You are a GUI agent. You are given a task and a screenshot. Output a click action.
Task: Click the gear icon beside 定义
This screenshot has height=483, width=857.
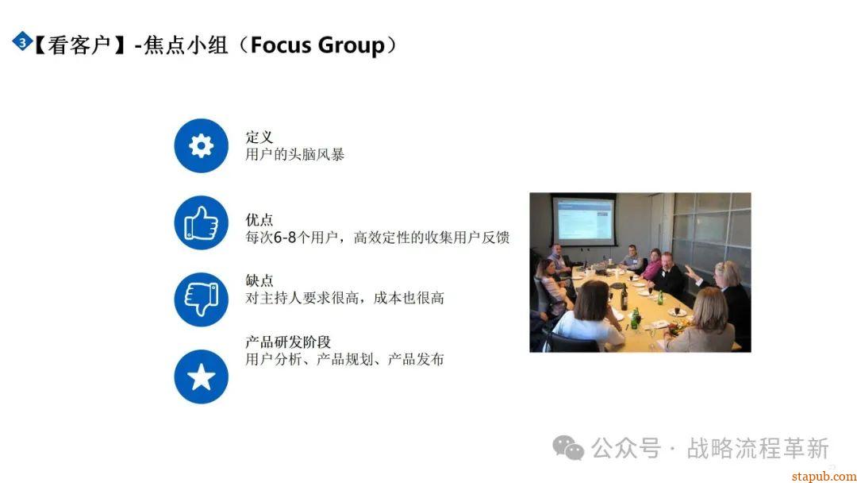[201, 145]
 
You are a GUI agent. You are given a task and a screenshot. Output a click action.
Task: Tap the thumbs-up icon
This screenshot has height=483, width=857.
[201, 222]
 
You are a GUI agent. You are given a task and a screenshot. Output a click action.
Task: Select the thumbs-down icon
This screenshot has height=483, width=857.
[201, 299]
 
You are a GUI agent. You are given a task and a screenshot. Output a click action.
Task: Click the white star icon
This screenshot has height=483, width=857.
[201, 377]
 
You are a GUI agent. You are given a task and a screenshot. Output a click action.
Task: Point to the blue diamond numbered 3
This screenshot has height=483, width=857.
[22, 41]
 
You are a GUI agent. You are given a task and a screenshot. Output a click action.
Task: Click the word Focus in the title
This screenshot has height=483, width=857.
[280, 44]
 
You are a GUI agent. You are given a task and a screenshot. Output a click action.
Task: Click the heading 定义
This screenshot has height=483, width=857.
[259, 137]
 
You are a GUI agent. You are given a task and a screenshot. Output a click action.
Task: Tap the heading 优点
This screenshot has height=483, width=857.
[259, 220]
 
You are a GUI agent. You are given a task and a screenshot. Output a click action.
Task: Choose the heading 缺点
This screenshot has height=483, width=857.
[259, 280]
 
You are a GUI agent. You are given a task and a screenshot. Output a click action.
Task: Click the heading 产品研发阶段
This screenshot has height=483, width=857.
[288, 342]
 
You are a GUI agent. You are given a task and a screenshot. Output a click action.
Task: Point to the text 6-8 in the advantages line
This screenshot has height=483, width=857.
[285, 238]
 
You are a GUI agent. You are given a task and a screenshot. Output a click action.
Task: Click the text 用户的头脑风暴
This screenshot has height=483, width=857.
[294, 154]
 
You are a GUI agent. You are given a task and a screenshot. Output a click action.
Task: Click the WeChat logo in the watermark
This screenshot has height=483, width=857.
[568, 448]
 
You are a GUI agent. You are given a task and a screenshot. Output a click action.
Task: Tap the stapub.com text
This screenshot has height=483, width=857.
[824, 477]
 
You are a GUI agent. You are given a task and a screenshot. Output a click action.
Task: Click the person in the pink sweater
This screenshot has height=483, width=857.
[651, 265]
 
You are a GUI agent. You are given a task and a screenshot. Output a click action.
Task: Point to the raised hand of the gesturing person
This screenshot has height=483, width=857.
[690, 271]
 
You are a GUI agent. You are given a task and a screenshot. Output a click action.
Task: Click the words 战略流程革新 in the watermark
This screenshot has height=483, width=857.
[758, 449]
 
